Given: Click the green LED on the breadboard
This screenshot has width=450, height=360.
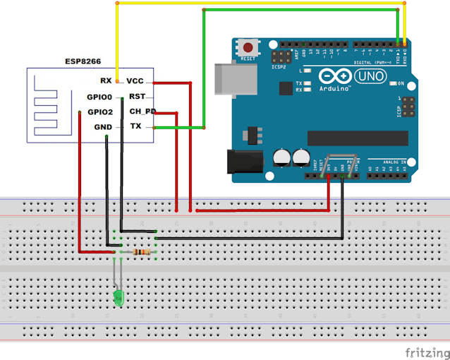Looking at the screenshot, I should (x=118, y=299).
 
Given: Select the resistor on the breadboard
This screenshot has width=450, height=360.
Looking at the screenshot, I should (x=144, y=252).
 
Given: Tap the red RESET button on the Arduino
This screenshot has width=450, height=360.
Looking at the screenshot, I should (x=248, y=47).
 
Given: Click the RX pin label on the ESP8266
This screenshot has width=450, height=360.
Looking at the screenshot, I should (x=106, y=81).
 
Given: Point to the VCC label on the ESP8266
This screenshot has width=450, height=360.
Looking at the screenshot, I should (x=135, y=81).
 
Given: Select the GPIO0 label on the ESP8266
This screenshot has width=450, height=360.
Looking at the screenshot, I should (x=99, y=97).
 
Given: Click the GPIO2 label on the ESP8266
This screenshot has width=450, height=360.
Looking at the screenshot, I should (x=99, y=112).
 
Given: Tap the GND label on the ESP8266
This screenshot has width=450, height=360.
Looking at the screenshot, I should (x=103, y=127).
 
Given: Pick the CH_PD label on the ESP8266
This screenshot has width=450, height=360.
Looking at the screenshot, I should (x=142, y=112).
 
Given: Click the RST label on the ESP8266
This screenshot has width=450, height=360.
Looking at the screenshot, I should (x=137, y=97).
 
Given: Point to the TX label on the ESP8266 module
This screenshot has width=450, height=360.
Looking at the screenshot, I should (x=135, y=126).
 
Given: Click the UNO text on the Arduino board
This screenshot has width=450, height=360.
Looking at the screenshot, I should (x=370, y=76).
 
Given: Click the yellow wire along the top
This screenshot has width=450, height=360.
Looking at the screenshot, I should (x=261, y=3).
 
